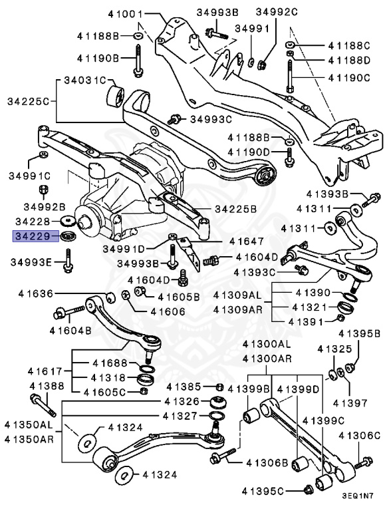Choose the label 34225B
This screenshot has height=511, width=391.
tap(235, 209)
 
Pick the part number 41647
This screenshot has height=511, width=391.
tap(247, 242)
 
